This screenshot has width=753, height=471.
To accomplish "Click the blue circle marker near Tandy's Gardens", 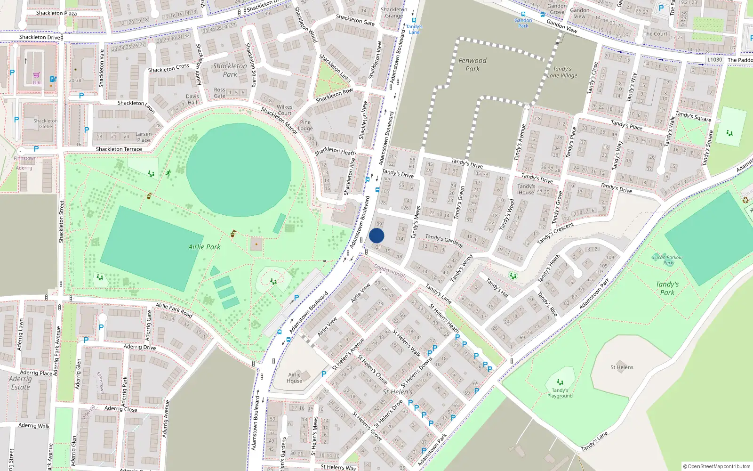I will click(x=376, y=235).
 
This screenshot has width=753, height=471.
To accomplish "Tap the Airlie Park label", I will click(x=204, y=247).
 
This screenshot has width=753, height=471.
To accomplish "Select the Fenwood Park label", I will click(x=473, y=65).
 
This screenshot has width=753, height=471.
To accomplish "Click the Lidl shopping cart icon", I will click(x=37, y=75).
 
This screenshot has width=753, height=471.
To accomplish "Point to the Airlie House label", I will click(x=295, y=378).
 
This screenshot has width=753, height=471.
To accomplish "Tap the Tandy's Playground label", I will click(x=560, y=393).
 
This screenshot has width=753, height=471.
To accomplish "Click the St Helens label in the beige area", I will click(x=622, y=367).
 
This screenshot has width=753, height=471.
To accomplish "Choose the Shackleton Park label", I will click(x=230, y=70).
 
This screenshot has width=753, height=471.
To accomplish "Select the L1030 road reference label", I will click(x=714, y=60).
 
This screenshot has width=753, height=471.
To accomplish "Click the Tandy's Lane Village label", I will click(x=562, y=72).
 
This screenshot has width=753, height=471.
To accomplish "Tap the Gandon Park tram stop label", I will click(x=523, y=23).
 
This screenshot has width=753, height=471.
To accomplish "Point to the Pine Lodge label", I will click(x=305, y=125).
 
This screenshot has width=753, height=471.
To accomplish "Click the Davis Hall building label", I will click(x=192, y=99).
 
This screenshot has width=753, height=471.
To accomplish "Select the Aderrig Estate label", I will click(x=20, y=383).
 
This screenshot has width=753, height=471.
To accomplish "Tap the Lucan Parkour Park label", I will click(x=668, y=260).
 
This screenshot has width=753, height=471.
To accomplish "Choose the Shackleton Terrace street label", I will click(x=119, y=149).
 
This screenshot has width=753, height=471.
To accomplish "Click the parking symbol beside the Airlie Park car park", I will click(x=296, y=298).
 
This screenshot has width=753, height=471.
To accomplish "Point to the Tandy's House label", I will click(x=526, y=189).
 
